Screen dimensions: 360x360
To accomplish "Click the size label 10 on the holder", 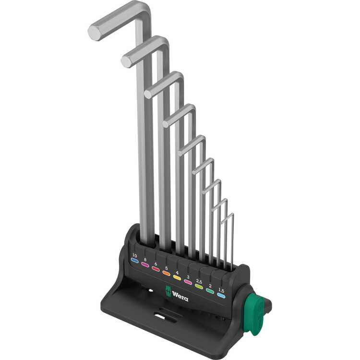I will point(134,255).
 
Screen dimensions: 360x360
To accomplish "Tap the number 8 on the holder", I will point(145,259).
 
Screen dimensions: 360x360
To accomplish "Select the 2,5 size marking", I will point(199,280).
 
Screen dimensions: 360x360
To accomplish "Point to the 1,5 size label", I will point(221,290).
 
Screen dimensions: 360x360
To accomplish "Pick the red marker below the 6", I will point(156,269).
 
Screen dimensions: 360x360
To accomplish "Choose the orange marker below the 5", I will point(166,273).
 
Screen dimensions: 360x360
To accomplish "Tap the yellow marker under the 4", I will point(177,277).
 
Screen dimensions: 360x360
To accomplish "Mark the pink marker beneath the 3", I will point(188,282).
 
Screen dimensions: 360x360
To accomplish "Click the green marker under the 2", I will point(210,291).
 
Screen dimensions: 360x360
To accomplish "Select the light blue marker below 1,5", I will point(221,296).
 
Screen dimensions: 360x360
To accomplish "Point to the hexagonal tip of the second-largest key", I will point(127,61).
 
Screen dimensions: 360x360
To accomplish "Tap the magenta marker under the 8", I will point(145,264).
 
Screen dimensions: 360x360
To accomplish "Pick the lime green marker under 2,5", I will point(199,286).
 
